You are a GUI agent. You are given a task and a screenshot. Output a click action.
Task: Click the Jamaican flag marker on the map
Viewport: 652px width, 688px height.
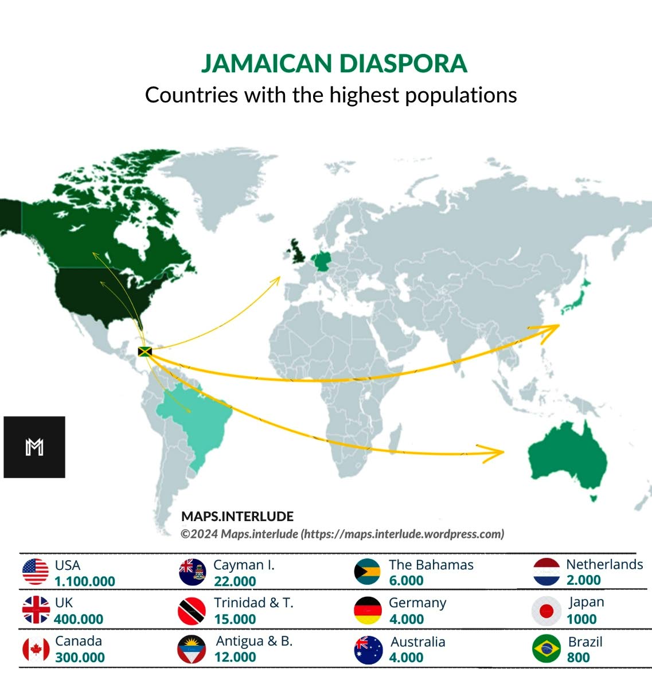coord(145,351)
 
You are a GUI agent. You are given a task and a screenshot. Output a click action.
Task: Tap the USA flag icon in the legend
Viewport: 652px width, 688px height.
coord(36,572)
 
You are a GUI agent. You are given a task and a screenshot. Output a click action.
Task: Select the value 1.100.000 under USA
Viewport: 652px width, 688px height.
coord(85,581)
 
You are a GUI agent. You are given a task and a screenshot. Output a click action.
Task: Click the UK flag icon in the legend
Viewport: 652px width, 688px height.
coord(36,610)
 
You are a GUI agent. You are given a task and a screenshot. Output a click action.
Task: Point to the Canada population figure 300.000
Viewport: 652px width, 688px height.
coord(80,658)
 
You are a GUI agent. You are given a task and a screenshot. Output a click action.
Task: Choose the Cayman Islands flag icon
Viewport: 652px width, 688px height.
coord(192,572)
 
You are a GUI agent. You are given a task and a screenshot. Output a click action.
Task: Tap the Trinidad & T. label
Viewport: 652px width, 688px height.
coord(253,603)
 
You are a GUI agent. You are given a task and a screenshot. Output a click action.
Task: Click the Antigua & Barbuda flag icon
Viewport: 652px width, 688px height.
coord(192,649)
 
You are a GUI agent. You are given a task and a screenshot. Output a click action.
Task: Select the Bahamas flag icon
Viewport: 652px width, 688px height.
coord(368,572)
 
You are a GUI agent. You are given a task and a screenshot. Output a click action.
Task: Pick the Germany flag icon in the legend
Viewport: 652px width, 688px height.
coord(368,611)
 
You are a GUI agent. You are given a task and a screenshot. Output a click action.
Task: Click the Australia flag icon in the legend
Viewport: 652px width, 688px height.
coord(368,650)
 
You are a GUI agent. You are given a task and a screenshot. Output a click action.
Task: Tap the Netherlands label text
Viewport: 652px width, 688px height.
coord(604,564)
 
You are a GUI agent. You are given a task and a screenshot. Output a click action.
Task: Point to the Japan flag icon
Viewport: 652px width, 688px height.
coord(546,611)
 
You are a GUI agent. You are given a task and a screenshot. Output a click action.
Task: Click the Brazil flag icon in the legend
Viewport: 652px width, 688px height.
coord(546,649)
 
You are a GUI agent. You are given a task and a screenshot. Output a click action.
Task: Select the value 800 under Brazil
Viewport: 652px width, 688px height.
coord(578,658)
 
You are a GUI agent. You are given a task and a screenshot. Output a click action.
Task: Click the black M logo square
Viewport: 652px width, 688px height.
coord(34,447)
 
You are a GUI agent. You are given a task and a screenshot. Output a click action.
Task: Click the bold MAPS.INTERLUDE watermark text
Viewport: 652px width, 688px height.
coord(237,516)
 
